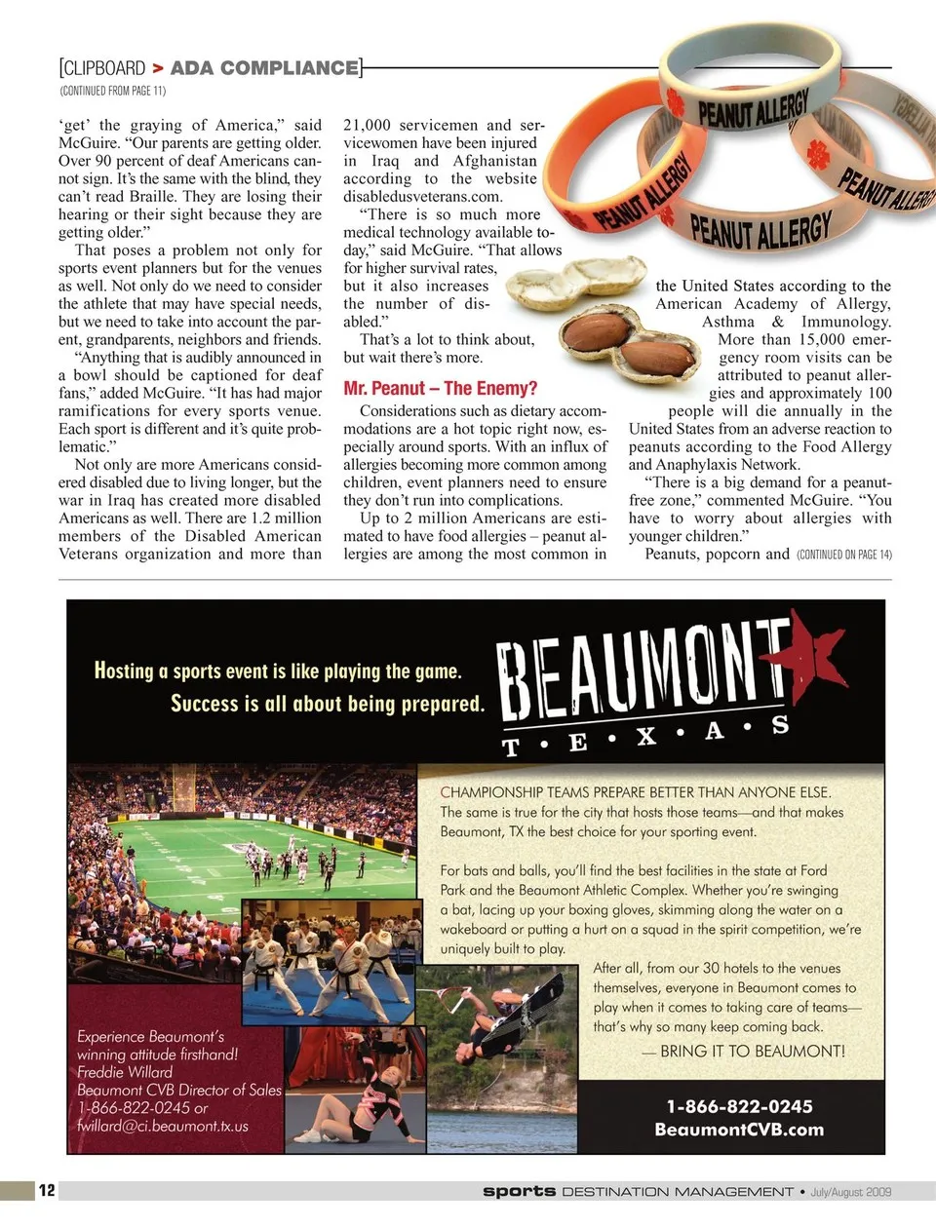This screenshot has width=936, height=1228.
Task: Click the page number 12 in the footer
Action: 47,1190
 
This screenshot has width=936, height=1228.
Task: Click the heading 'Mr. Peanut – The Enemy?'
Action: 440,388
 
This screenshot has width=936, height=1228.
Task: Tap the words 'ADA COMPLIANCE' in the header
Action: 264,68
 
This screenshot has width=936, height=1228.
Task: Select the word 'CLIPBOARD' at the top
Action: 103,68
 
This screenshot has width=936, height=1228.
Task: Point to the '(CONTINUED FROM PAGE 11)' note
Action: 113,91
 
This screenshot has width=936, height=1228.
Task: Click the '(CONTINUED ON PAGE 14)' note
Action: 843,555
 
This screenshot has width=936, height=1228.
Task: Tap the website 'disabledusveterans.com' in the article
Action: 422,196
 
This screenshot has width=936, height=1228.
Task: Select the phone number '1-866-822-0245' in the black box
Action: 739,1106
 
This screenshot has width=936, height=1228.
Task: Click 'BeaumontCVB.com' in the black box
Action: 739,1130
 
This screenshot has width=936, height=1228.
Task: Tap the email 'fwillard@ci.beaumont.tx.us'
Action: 163,1126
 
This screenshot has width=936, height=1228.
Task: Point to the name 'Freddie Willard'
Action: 125,1072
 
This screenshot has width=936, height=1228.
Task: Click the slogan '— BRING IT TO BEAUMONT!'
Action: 743,1051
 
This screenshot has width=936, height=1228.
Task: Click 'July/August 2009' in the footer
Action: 850,1191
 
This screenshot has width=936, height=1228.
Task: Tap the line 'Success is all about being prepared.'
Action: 327,703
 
